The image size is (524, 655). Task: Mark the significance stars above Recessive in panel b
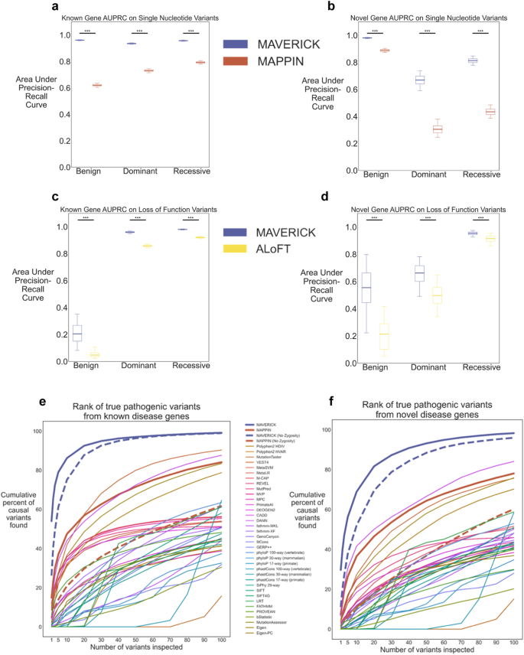tap(481, 31)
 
